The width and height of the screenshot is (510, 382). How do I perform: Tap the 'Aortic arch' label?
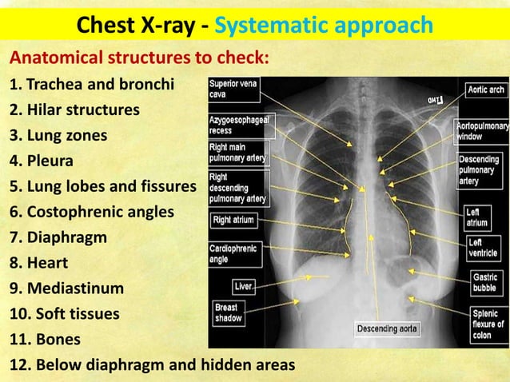(485, 90)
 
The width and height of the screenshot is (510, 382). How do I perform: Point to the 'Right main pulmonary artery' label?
(237, 152)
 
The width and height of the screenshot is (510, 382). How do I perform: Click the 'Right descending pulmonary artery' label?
(238, 187)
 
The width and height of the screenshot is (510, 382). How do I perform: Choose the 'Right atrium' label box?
(233, 219)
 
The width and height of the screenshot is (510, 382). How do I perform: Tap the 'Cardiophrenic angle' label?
(233, 253)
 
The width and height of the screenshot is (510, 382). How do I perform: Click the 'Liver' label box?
(243, 285)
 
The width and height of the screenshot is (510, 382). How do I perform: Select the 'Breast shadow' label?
(229, 312)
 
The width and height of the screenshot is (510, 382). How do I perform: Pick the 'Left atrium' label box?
(478, 217)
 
